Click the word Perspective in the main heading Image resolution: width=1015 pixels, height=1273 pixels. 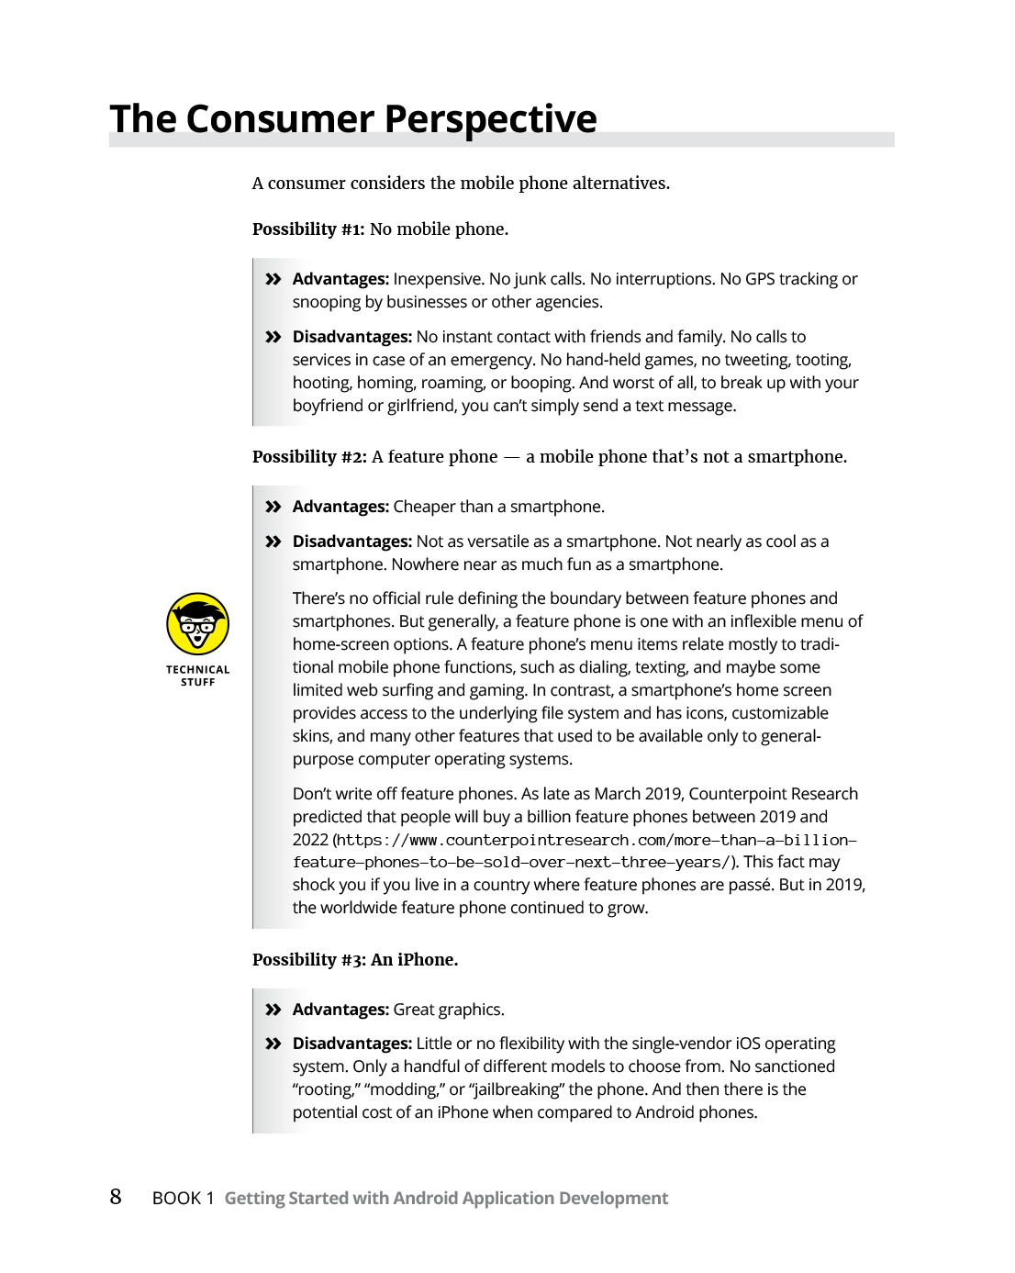(490, 119)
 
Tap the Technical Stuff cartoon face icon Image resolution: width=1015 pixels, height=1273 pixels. (197, 624)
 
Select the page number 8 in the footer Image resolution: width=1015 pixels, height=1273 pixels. (116, 1197)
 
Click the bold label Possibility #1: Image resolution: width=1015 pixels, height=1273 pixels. (308, 229)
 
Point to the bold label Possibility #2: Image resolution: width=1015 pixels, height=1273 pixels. (309, 457)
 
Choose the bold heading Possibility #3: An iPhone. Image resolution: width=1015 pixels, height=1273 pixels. (355, 960)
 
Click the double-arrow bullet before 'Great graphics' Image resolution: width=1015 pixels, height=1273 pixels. (273, 1010)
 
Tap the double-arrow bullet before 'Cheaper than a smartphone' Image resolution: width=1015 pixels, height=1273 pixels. (273, 507)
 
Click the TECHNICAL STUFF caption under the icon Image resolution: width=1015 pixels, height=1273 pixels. (197, 676)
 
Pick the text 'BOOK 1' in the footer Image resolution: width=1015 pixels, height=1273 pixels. (183, 1198)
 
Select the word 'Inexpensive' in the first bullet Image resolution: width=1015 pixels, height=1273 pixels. (438, 279)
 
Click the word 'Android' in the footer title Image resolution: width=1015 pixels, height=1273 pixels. (425, 1198)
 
